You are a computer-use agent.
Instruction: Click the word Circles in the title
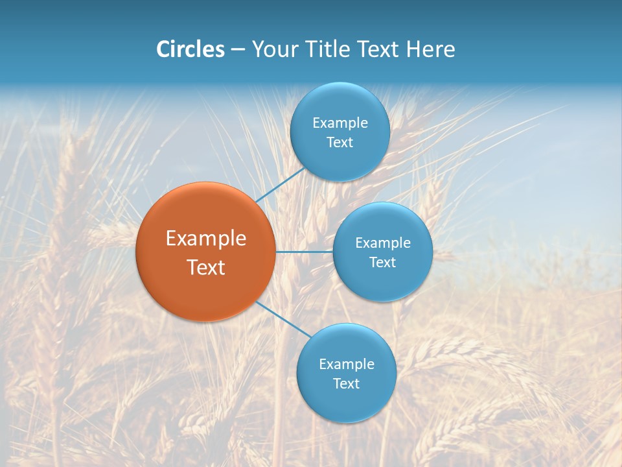point(190,49)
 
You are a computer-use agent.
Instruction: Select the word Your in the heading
point(271,49)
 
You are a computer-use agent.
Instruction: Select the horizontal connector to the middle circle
point(305,252)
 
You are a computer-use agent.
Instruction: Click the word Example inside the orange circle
point(206,239)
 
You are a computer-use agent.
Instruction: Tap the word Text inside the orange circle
point(206,267)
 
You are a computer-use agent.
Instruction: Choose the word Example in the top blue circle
point(340,123)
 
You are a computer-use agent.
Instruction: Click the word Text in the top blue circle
point(340,143)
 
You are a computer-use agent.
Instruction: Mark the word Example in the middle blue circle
point(383,243)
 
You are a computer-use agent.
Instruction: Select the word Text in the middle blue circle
point(383,263)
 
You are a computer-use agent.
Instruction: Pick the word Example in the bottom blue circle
point(346,365)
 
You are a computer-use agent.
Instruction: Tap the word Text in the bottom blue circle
point(346,384)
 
